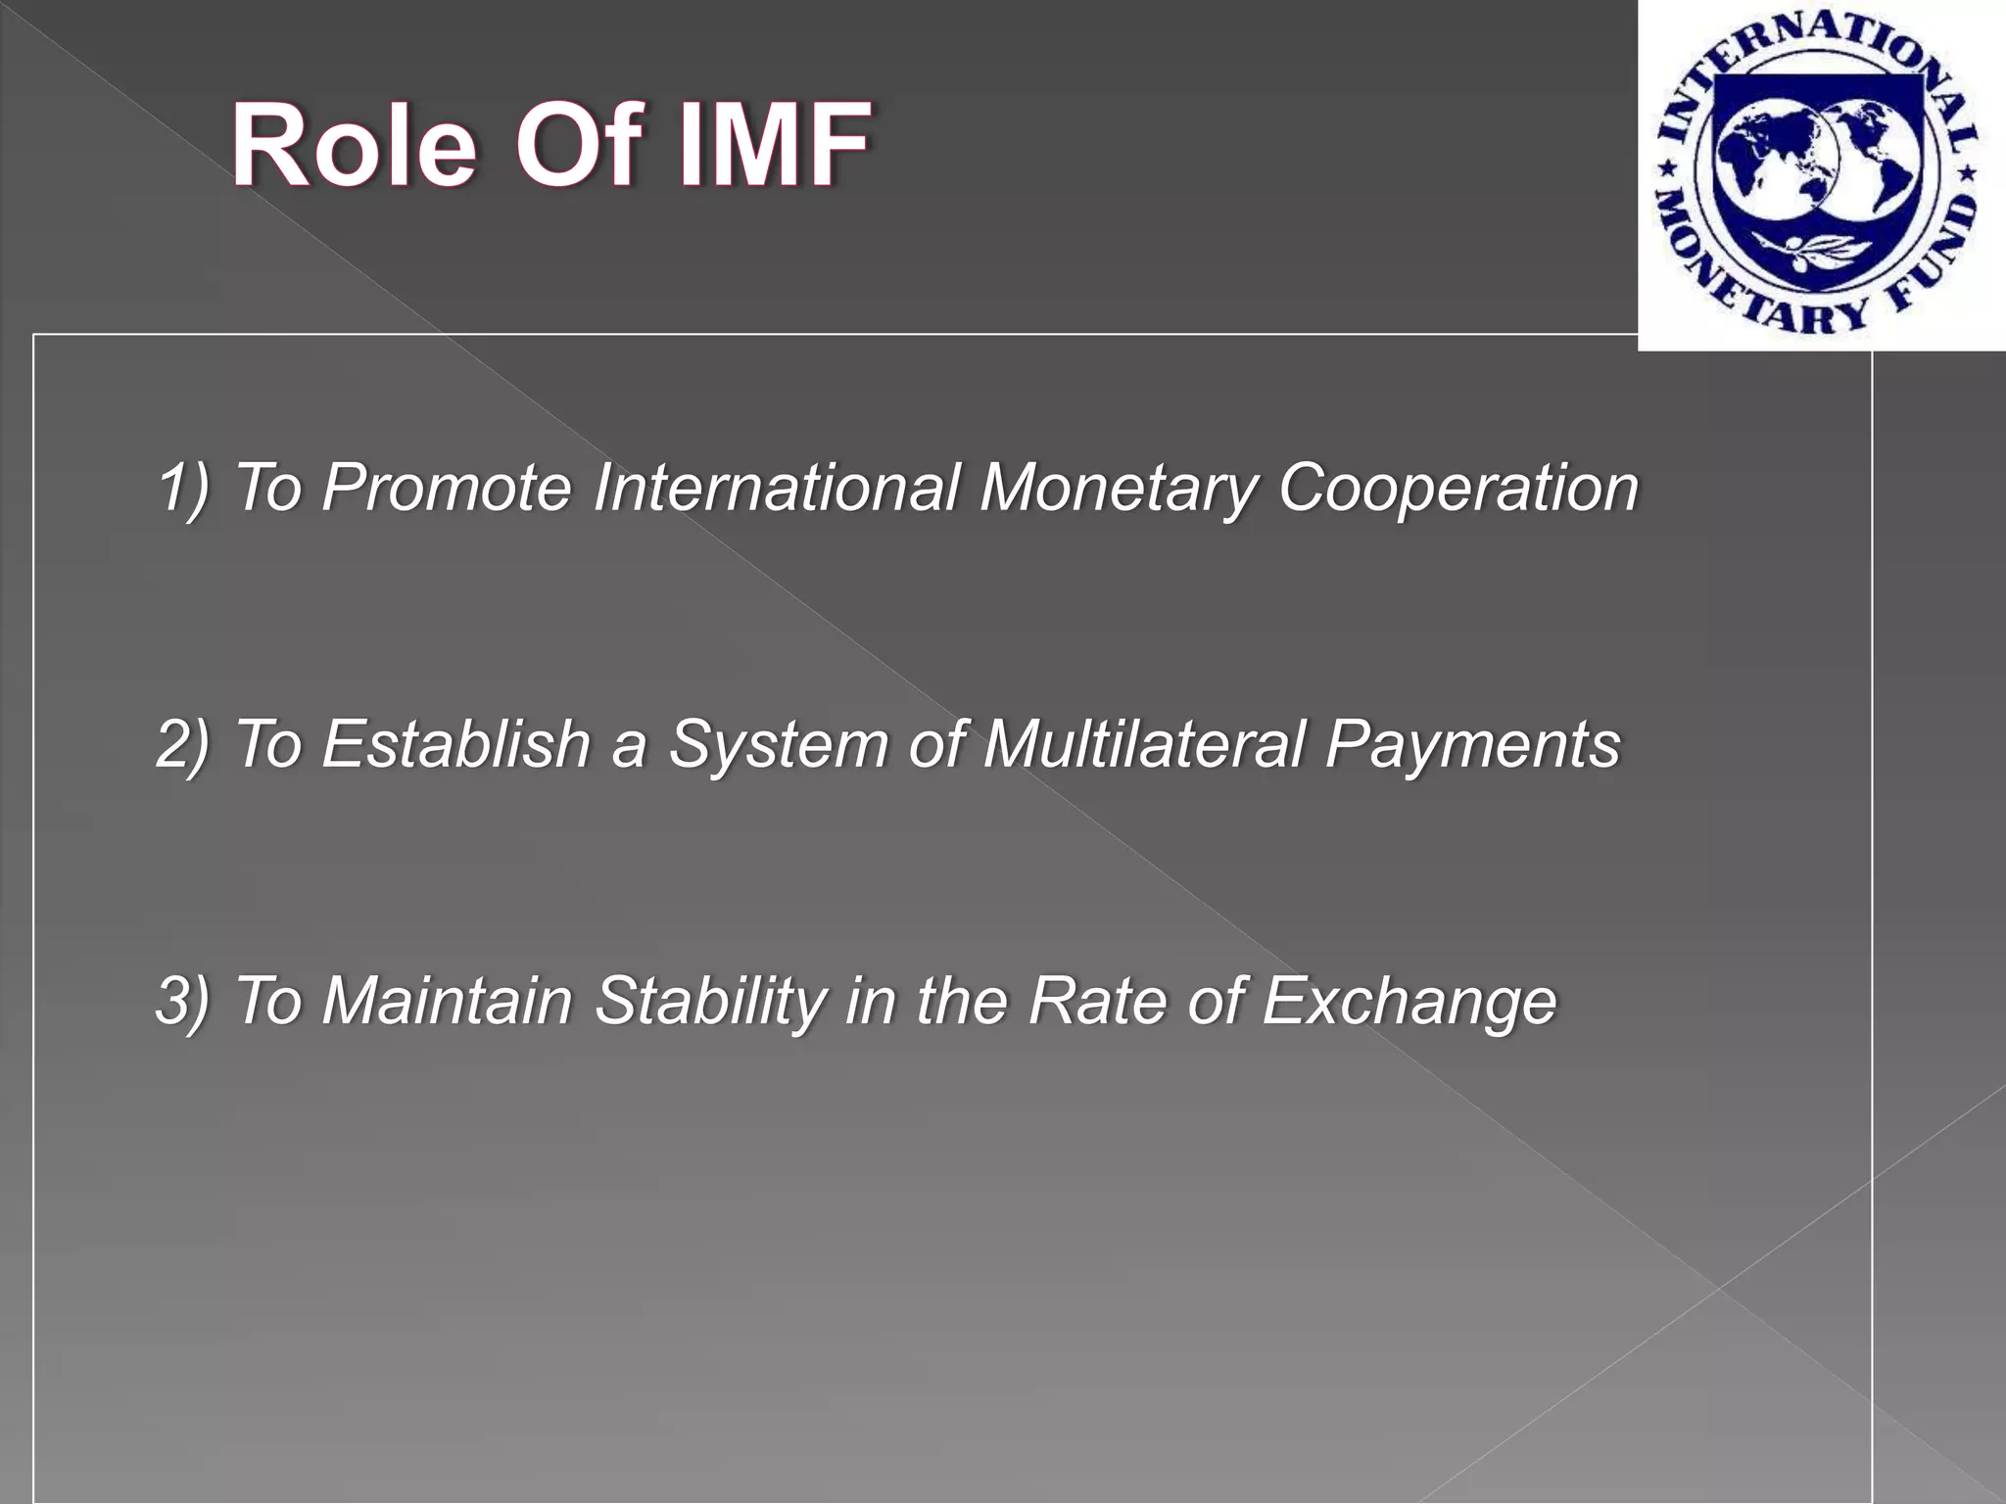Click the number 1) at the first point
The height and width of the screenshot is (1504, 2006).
pyautogui.click(x=183, y=487)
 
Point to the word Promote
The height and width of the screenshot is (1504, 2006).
pyautogui.click(x=446, y=487)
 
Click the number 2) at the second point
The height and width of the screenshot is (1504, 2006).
pyautogui.click(x=183, y=744)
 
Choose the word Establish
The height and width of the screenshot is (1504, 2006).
pyautogui.click(x=455, y=744)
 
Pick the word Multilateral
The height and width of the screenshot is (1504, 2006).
pyautogui.click(x=1144, y=744)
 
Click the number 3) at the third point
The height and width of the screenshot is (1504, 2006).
pyautogui.click(x=183, y=1001)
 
